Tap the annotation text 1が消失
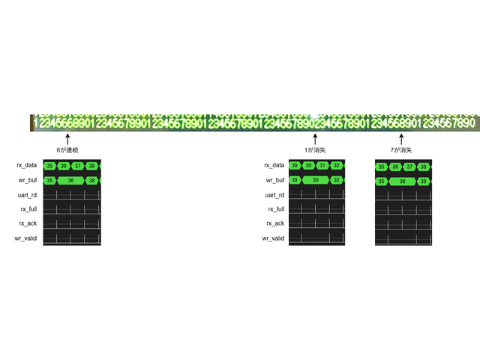(315, 151)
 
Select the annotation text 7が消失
(402, 151)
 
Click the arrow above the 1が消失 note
(315, 139)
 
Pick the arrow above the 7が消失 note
(402, 139)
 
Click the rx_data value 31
(322, 166)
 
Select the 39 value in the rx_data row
(295, 166)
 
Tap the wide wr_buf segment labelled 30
(316, 181)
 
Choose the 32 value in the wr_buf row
(337, 181)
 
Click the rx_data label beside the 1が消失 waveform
(274, 166)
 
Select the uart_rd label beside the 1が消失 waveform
(274, 195)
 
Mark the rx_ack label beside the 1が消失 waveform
(274, 223)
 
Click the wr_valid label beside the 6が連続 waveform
(27, 238)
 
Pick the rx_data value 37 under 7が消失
(409, 167)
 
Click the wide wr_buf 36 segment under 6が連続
(70, 181)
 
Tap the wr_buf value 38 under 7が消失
(424, 181)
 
